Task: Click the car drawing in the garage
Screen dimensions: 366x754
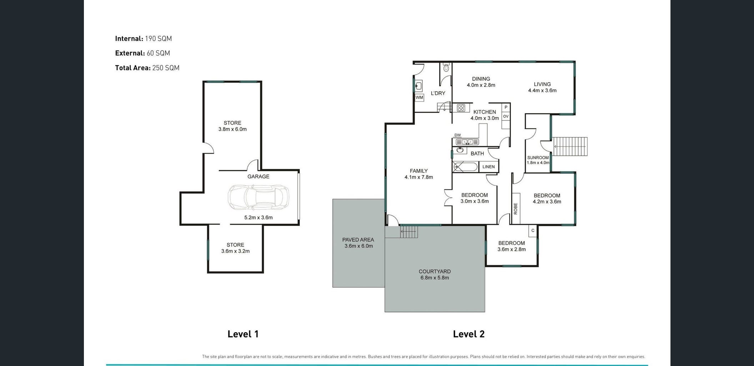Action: coord(258,197)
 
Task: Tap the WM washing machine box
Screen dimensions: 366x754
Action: coord(419,97)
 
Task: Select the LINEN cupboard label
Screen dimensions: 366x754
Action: coord(488,167)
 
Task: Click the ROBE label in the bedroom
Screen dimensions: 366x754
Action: coord(516,208)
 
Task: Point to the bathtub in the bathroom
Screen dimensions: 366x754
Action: coord(465,167)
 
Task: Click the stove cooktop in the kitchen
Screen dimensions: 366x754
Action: coord(461,108)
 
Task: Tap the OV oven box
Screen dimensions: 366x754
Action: coord(506,117)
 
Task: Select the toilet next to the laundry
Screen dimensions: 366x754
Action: coord(446,68)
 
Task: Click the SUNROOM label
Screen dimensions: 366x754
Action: coord(538,158)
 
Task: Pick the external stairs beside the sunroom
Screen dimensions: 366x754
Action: coord(570,147)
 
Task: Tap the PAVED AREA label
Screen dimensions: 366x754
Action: coord(358,240)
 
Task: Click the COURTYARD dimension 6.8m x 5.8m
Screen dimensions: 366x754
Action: coord(434,278)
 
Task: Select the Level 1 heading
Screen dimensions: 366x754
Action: coord(243,334)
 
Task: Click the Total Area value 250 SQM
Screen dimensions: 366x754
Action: coord(166,68)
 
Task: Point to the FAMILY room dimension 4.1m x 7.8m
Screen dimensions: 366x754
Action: coord(418,177)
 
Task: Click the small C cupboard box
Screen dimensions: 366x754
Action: coord(533,231)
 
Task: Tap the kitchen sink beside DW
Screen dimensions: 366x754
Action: coord(468,142)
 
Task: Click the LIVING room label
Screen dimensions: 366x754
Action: coord(542,84)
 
